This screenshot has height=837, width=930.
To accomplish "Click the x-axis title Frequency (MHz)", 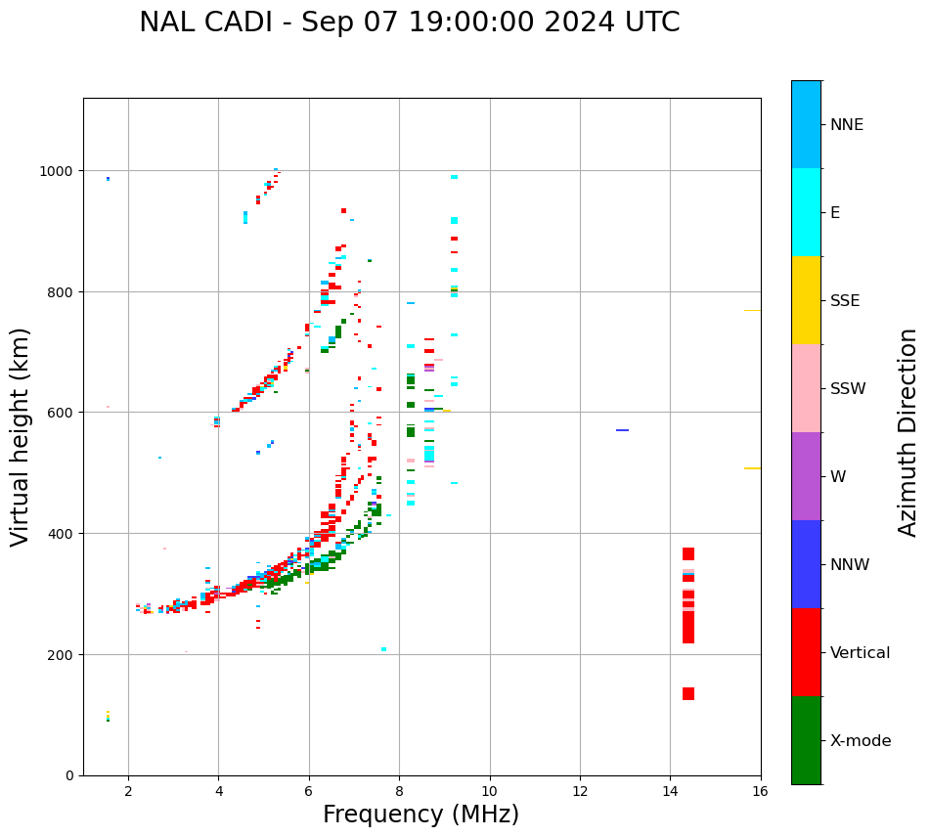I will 421,815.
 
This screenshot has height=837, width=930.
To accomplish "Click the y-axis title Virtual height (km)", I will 21,437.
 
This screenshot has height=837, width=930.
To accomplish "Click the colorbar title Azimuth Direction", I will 908,432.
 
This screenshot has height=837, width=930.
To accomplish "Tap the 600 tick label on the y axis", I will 63,413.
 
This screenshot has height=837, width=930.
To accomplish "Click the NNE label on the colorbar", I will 847,124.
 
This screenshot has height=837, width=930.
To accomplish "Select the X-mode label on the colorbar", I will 861,741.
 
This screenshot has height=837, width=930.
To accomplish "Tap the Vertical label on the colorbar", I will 861,653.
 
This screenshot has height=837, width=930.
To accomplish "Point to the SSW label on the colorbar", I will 848,389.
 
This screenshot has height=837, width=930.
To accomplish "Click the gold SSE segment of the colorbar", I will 806,300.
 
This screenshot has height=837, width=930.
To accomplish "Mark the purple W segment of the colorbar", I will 806,476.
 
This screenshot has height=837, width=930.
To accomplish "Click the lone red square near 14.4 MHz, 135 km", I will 688,694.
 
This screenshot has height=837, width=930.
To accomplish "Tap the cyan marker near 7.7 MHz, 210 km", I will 383,649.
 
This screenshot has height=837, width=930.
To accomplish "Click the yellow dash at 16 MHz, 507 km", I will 752,468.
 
